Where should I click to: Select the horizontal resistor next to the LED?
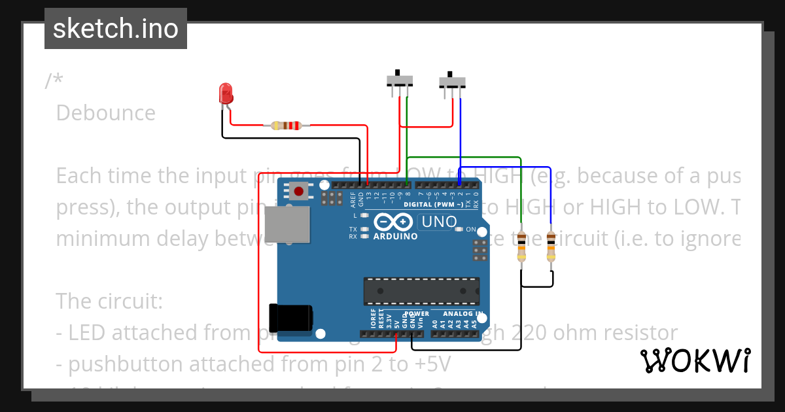point(286,125)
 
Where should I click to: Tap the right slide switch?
point(452,82)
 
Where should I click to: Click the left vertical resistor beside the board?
point(521,247)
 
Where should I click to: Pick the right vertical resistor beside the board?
point(551,247)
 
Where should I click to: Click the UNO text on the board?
point(439,222)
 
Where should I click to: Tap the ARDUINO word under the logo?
point(395,237)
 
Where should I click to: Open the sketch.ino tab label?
point(116,29)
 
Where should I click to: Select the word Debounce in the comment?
point(106,113)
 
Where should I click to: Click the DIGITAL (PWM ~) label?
point(434,205)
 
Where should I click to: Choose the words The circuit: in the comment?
point(109,301)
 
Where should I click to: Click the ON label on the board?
point(470,229)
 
